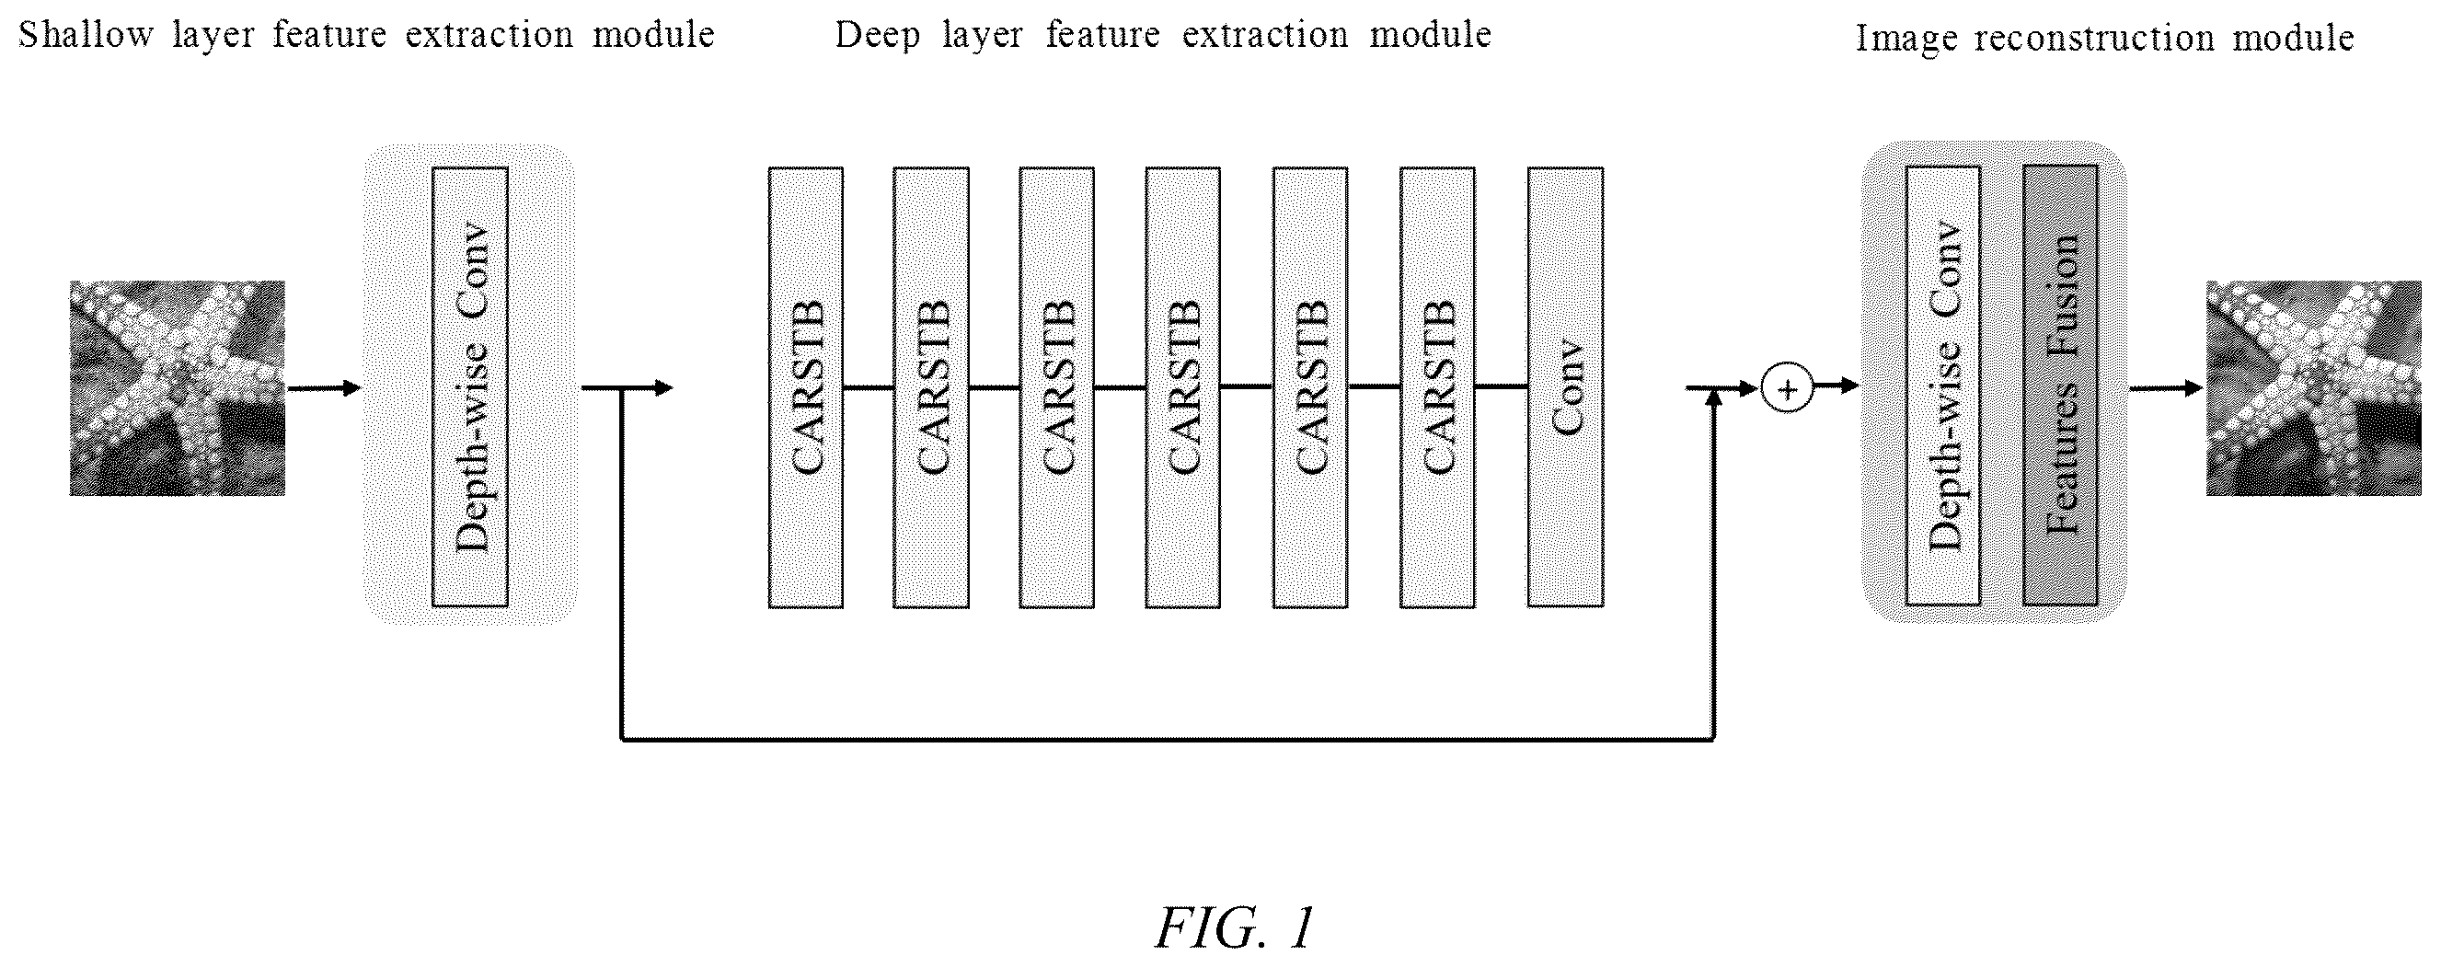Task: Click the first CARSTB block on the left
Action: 805,387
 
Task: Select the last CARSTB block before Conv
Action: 1437,387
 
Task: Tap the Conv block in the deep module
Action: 1565,387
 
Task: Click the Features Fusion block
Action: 2060,385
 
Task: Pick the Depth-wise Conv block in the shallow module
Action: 470,386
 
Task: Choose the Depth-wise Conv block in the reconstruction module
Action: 1942,385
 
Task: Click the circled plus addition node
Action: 1787,389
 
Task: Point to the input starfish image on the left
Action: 178,387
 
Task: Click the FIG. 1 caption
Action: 1235,927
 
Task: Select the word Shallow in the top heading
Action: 86,35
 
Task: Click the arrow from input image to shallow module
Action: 323,387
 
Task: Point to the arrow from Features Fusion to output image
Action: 2165,387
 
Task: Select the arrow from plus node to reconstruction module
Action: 1837,386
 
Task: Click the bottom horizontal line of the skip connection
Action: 1168,739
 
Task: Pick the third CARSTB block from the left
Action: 1057,387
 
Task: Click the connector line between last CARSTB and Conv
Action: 1501,387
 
